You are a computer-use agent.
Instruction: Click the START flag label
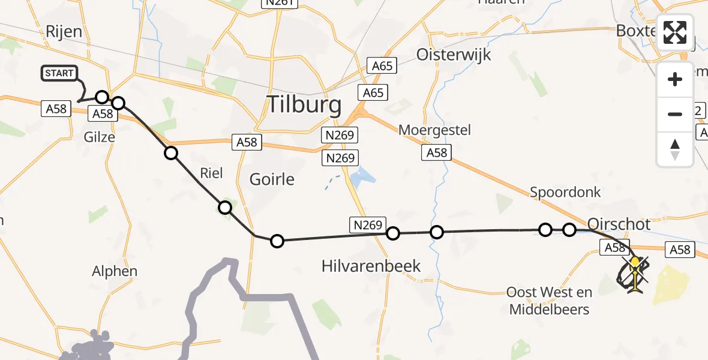[x=59, y=73]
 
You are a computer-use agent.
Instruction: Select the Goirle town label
[x=272, y=179]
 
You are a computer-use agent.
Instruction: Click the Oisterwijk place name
[x=454, y=55]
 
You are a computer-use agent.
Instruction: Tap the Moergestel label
[x=434, y=130]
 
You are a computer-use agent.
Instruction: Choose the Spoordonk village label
[x=565, y=192]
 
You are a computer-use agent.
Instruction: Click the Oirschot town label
[x=619, y=224]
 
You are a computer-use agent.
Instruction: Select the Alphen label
[x=114, y=271]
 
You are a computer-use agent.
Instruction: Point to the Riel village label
[x=211, y=173]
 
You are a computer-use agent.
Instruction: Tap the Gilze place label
[x=99, y=137]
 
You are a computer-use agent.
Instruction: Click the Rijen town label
[x=64, y=31]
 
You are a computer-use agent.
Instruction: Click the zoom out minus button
[x=675, y=114]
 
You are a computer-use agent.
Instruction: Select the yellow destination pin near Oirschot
[x=634, y=262]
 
